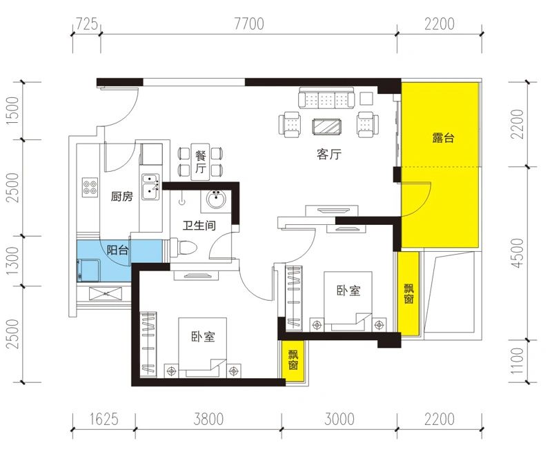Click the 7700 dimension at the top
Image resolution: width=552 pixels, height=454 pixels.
(x=249, y=24)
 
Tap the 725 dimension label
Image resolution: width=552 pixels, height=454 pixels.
(x=87, y=24)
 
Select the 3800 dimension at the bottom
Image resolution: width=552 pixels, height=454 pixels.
(x=208, y=420)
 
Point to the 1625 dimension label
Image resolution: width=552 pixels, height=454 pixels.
(x=104, y=420)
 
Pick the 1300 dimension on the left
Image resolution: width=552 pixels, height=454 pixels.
(x=12, y=261)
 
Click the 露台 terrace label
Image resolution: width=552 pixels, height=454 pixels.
(x=443, y=137)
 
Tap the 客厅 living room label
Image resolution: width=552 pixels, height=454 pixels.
(x=329, y=154)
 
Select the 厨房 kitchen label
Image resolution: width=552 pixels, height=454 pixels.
(x=122, y=196)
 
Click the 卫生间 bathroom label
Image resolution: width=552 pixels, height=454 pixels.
(x=199, y=225)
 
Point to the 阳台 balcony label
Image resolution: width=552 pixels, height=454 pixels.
(x=117, y=250)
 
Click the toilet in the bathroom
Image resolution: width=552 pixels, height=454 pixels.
(x=183, y=248)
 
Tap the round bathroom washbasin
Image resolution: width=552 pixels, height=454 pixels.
(x=216, y=200)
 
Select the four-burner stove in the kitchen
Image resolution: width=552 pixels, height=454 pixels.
(x=90, y=187)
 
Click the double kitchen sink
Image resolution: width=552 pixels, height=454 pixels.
(x=150, y=186)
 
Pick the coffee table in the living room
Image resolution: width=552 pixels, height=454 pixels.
(x=326, y=126)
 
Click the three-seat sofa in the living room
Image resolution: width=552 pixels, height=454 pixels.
(x=326, y=98)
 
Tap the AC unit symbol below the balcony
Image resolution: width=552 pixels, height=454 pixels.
(x=106, y=293)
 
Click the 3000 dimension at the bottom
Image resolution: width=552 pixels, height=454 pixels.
(x=339, y=420)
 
